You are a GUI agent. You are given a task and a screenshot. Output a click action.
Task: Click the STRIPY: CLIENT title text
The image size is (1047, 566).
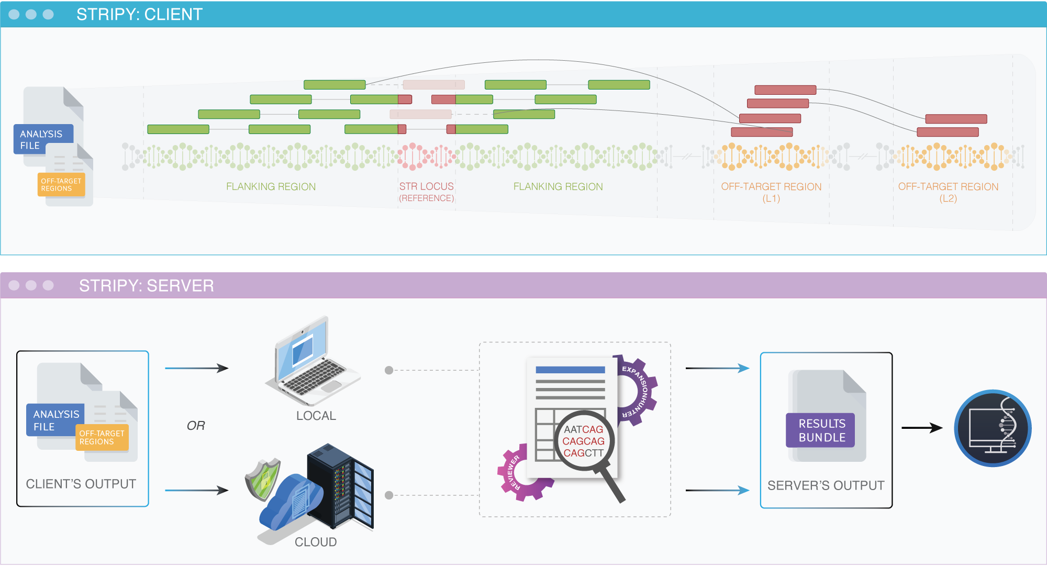point(139,14)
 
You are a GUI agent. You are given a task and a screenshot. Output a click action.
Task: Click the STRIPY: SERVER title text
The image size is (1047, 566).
point(146,285)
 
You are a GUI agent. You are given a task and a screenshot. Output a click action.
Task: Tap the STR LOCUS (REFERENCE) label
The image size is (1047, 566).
point(426,192)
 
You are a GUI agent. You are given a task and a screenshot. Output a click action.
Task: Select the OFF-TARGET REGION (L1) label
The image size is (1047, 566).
point(771,192)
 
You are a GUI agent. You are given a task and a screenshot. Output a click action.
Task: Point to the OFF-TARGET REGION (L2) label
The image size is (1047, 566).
point(948,192)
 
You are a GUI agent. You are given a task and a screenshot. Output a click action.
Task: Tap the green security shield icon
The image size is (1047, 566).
point(263,479)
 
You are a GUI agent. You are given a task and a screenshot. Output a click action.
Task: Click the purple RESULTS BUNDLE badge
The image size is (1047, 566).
point(820,430)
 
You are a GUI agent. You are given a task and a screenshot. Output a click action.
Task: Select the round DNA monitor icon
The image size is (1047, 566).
point(993,428)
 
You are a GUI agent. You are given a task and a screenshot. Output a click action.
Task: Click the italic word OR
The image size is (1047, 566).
point(196,426)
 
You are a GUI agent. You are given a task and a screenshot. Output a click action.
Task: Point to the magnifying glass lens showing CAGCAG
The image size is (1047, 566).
point(583,441)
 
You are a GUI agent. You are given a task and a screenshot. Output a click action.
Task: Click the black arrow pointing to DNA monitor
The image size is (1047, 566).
point(921,428)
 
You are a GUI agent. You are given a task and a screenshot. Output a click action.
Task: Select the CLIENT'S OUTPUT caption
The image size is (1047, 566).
point(81,484)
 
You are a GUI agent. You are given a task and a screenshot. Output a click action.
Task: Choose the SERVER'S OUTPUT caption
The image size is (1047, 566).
point(826,485)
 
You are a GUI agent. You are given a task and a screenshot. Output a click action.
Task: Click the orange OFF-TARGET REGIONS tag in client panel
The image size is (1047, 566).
point(61,185)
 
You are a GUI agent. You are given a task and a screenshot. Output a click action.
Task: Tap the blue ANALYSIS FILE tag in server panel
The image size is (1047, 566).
point(55,420)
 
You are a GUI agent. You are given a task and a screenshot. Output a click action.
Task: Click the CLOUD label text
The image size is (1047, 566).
point(316,542)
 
